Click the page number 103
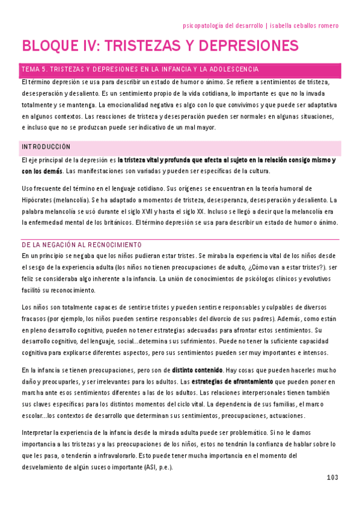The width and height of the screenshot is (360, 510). [x=332, y=478]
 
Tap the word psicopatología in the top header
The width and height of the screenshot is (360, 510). [x=206, y=26]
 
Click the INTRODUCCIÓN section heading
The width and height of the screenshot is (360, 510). [x=46, y=147]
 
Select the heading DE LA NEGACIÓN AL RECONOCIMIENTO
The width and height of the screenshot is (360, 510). [x=90, y=245]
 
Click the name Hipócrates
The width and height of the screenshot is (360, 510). [x=39, y=200]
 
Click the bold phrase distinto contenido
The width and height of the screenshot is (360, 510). [x=198, y=369]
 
